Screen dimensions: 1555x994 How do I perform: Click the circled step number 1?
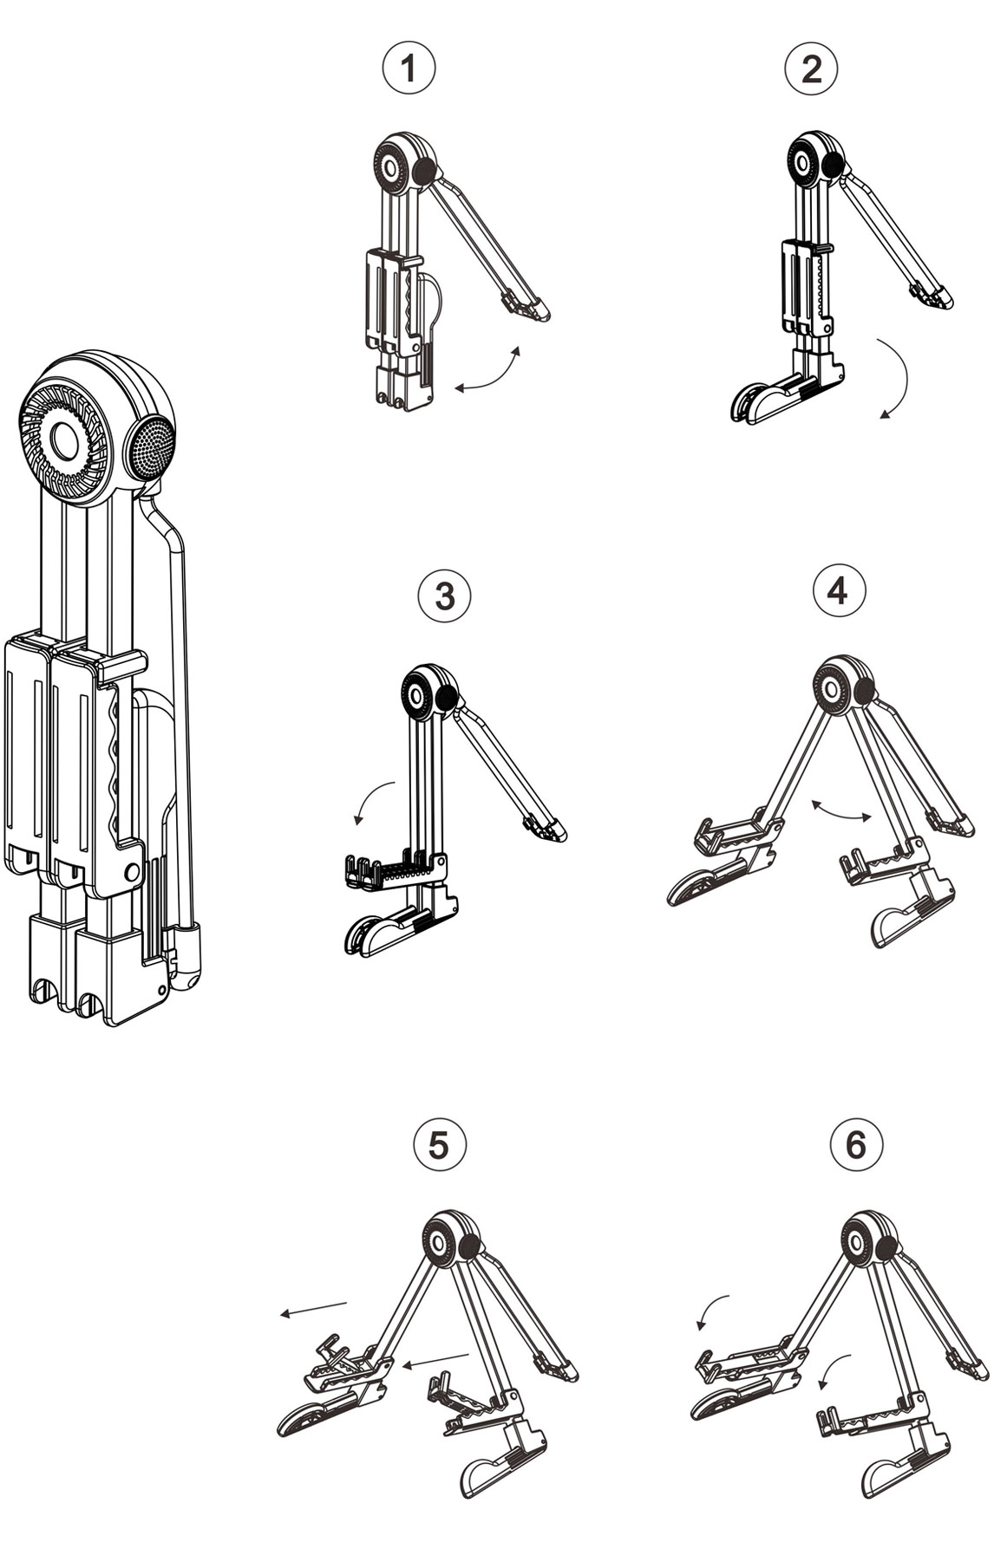(x=408, y=69)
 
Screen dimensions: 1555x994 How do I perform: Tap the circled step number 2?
(x=811, y=69)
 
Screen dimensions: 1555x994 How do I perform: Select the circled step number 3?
(x=444, y=596)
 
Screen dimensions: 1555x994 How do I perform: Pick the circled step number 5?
(x=439, y=1144)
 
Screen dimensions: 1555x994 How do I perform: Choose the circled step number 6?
(x=855, y=1144)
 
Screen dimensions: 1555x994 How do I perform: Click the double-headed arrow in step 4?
(x=840, y=810)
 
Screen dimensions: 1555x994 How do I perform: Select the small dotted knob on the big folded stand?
(x=151, y=445)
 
